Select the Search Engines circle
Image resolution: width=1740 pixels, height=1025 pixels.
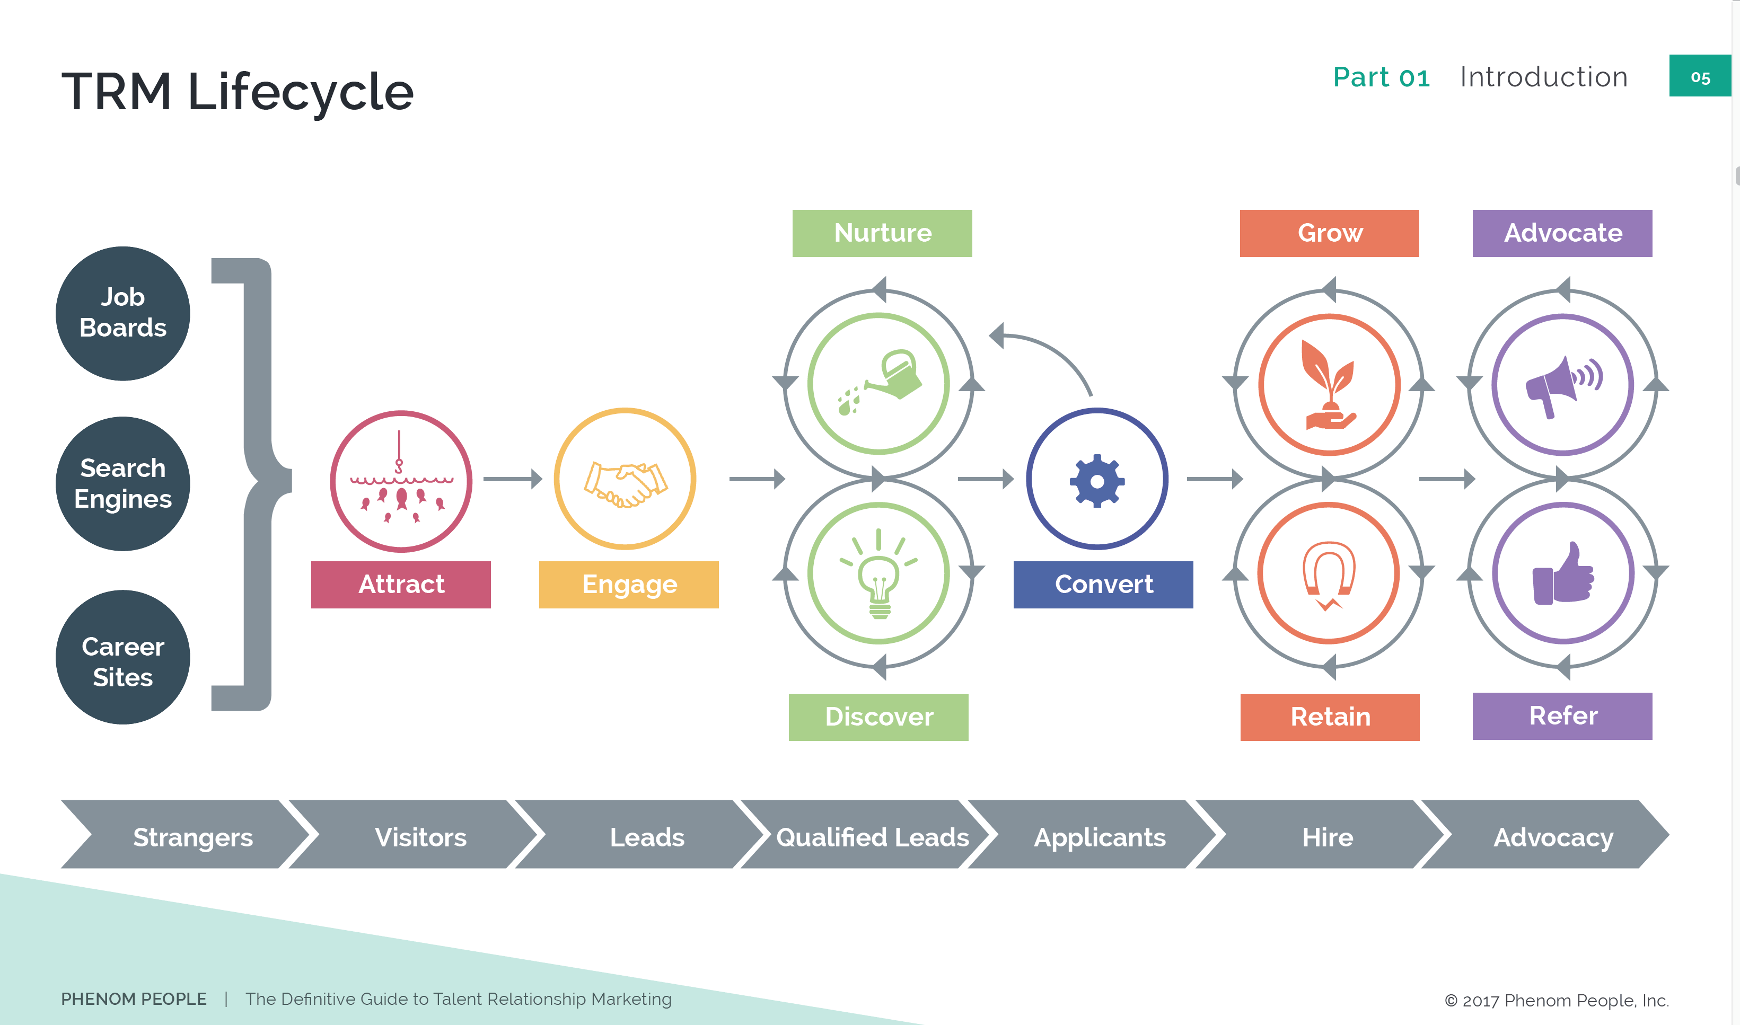123,483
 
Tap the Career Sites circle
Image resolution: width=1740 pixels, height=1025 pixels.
123,657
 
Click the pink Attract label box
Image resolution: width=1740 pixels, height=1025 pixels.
401,585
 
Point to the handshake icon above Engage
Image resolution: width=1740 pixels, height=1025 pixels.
625,483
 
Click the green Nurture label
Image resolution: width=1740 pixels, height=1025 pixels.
882,233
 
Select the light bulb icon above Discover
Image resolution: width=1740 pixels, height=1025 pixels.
878,574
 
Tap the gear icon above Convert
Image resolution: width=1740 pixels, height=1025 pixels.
1097,481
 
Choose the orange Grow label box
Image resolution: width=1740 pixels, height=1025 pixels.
1329,233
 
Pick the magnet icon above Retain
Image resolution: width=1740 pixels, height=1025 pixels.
1328,574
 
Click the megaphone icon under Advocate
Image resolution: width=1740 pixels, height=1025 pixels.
1563,385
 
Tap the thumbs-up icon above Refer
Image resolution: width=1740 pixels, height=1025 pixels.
1563,574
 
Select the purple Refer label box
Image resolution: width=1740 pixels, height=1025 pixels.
1562,716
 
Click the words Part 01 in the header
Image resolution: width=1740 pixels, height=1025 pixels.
1381,77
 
